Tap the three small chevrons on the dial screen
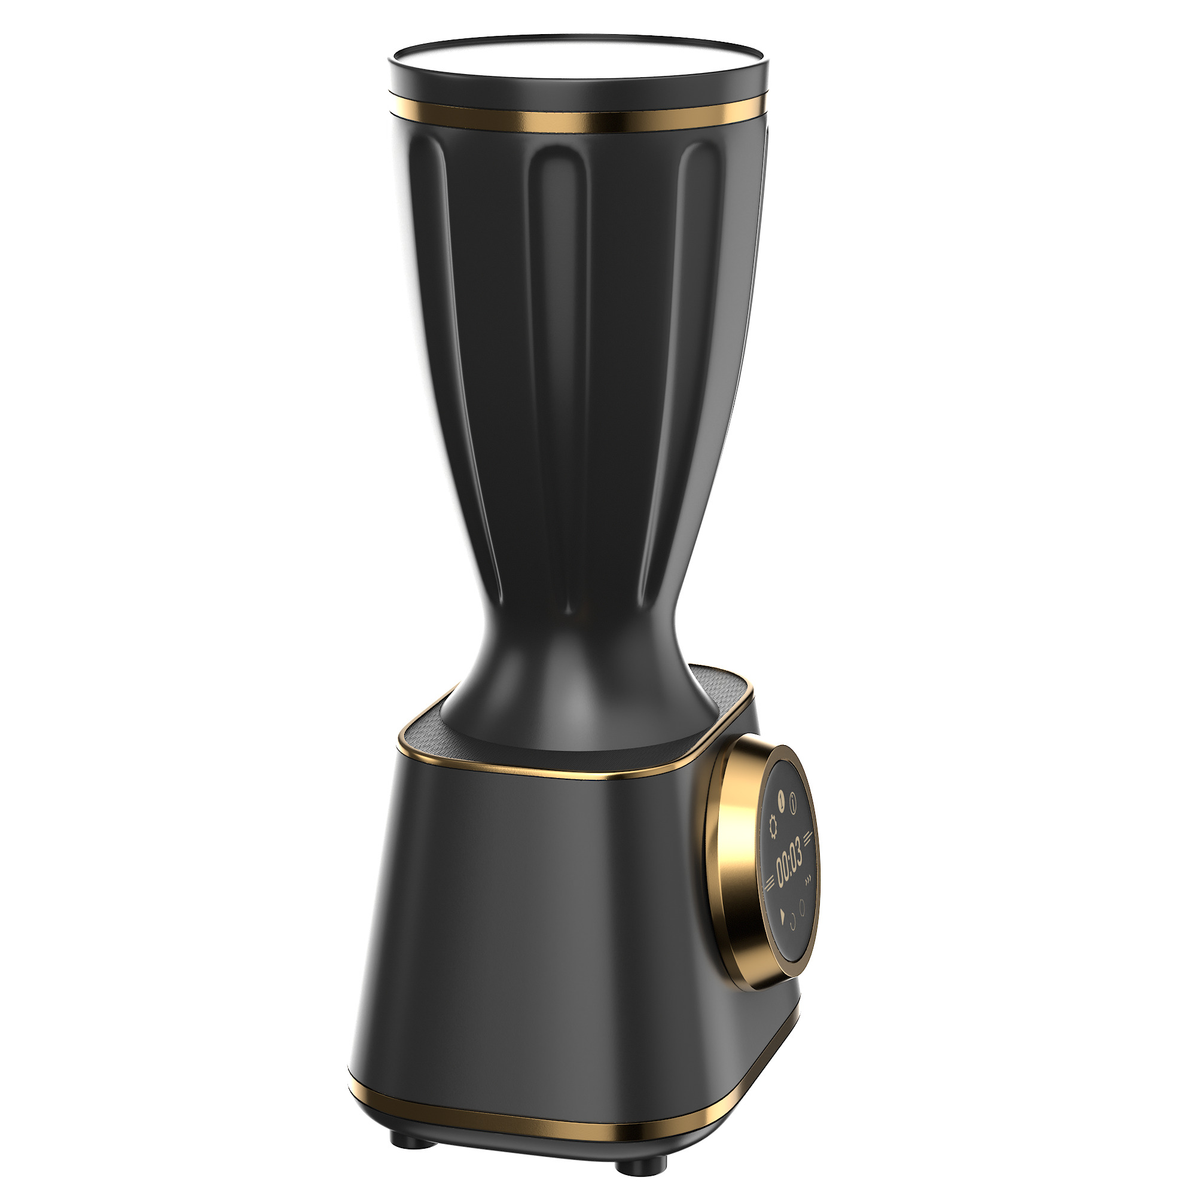click(807, 880)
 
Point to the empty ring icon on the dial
click(802, 908)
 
